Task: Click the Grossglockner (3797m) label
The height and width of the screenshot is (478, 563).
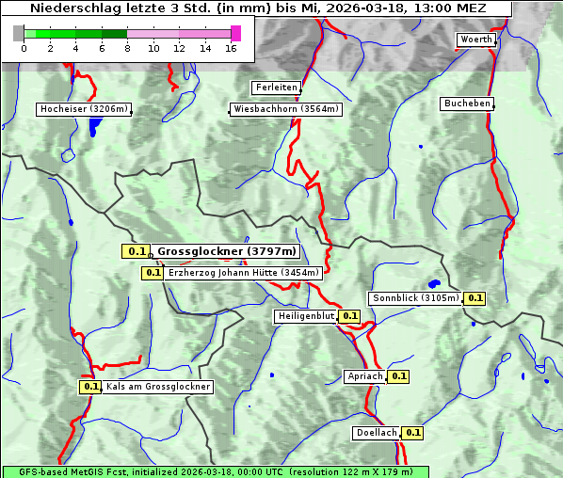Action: [226, 251]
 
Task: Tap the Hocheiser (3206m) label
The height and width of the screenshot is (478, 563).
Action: [83, 109]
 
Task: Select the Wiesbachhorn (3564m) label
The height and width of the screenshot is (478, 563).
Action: [286, 109]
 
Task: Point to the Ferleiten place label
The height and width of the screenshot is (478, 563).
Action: [276, 88]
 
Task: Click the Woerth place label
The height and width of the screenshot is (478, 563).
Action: [475, 40]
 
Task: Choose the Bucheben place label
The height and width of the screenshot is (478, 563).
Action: [467, 104]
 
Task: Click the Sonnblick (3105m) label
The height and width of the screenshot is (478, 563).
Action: [415, 298]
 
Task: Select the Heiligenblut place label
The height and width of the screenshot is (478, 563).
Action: [305, 316]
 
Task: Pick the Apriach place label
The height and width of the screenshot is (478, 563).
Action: [365, 376]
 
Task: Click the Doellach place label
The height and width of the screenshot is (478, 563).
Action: [377, 433]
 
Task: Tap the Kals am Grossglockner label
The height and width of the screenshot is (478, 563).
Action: [157, 387]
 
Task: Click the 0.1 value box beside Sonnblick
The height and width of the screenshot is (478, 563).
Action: [475, 298]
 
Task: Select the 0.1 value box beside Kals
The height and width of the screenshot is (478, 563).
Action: [90, 387]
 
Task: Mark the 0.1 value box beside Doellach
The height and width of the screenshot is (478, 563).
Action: [412, 433]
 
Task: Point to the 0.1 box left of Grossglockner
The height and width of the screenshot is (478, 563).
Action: [137, 251]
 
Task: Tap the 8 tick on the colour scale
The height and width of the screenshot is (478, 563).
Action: [127, 48]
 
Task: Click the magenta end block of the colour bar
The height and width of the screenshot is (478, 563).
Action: [235, 33]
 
